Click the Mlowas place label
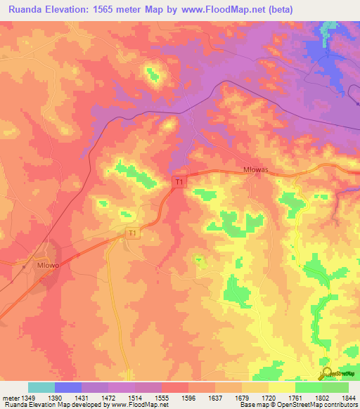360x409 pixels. [255, 178]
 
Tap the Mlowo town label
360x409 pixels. [46, 266]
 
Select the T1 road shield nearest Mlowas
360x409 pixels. [179, 182]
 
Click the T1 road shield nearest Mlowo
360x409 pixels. [131, 233]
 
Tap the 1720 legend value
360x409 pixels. [257, 397]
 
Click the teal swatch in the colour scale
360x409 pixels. [41, 387]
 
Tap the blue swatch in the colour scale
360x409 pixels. [68, 387]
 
